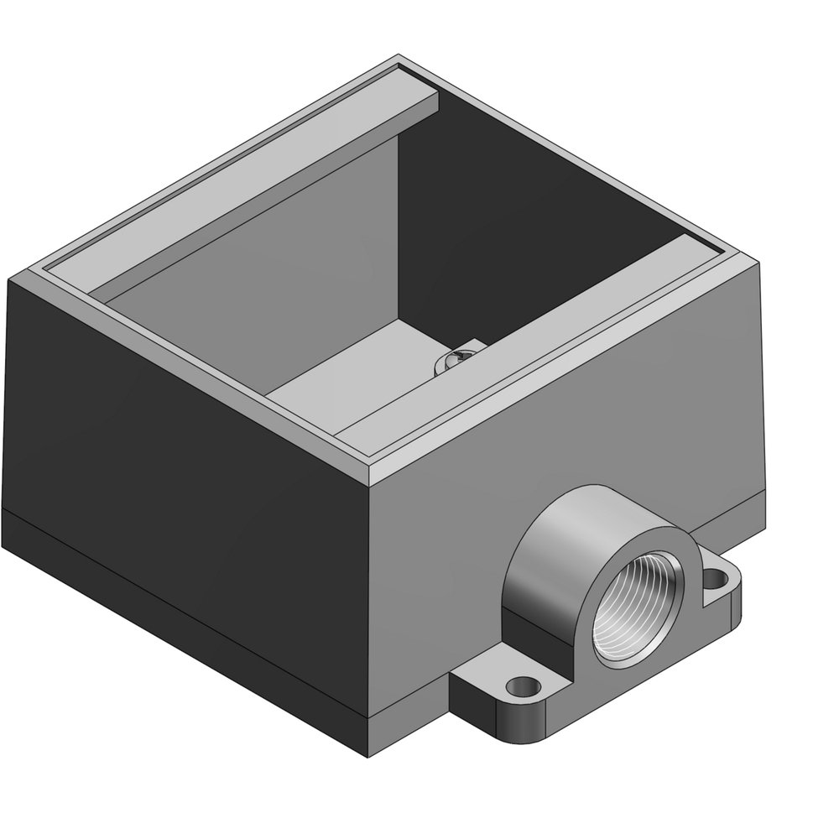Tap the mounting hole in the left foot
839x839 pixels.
tap(523, 686)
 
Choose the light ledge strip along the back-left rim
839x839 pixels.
tap(252, 180)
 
